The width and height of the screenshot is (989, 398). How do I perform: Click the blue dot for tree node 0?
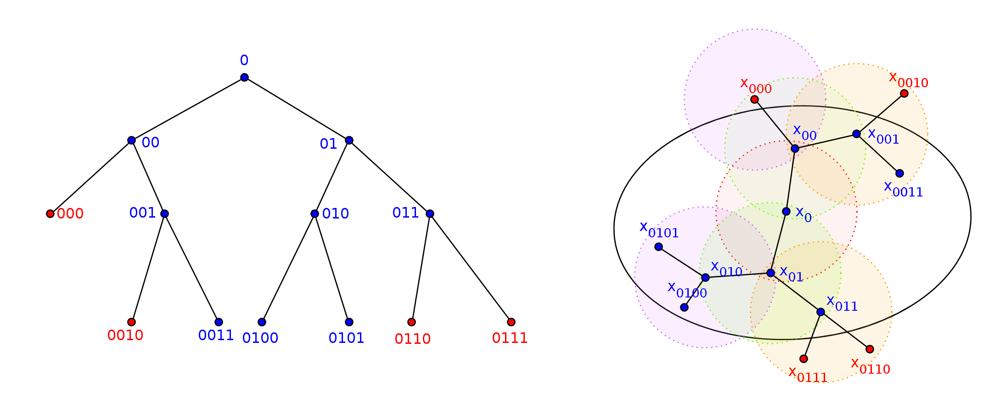coord(244,77)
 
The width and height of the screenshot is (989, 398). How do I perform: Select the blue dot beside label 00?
coord(131,140)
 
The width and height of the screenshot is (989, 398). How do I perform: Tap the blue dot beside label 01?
coord(349,140)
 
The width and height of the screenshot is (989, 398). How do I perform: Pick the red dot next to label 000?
coord(50,213)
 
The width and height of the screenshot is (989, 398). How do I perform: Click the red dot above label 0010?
coord(131,322)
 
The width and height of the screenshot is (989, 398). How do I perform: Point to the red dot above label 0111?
coord(511,322)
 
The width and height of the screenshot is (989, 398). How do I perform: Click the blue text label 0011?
coord(216,336)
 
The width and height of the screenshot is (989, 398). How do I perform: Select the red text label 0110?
coord(412,339)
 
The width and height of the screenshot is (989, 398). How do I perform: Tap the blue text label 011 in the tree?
coord(405,213)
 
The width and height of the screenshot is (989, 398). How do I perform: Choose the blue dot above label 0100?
coord(262,322)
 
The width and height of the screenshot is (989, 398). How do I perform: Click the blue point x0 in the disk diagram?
coord(786,211)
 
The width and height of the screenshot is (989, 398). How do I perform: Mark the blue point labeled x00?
coord(795,148)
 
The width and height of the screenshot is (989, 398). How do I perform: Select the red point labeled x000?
coord(754,99)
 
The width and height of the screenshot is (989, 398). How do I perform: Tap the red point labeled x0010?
coord(904,93)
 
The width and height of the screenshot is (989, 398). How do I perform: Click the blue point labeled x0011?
coord(899,173)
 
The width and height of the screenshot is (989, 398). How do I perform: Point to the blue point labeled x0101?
coord(658,247)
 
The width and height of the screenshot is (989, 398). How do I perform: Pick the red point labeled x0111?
coord(804,359)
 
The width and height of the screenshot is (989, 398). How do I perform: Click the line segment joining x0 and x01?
coord(778,242)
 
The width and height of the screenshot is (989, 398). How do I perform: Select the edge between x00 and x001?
coord(826,141)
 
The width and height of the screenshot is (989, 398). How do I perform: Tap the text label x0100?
coord(687,290)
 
